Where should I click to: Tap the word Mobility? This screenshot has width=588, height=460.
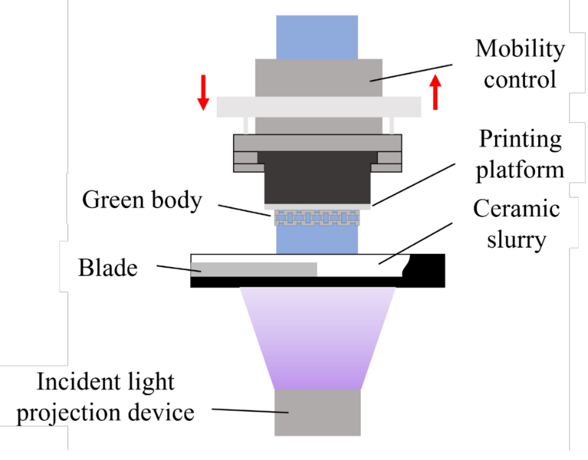coord(520,49)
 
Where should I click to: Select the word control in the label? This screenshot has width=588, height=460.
coord(520,79)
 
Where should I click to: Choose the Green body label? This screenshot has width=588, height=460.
coord(142,200)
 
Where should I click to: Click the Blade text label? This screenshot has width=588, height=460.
coord(108,268)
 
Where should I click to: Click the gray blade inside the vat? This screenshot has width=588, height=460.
coord(253,270)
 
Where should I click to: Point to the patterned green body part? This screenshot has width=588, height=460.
coord(317,218)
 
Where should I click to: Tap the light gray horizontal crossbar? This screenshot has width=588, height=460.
coord(318,107)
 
